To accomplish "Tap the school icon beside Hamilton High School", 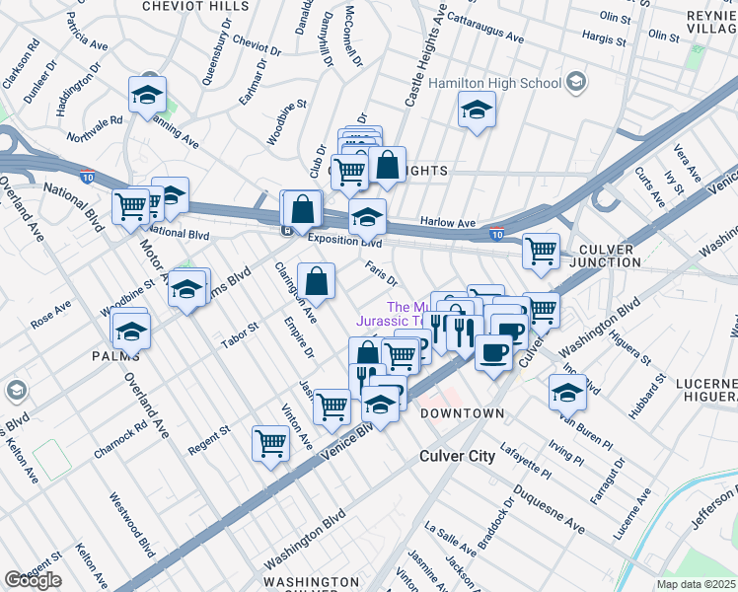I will tap(477, 111).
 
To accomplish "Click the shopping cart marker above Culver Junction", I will tap(541, 251).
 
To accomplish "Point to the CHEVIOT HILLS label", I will tap(195, 6).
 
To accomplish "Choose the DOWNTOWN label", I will tap(462, 413).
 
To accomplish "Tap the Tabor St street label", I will tap(240, 328).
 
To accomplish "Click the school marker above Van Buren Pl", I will tap(567, 392).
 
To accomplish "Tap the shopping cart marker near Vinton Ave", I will tap(269, 443).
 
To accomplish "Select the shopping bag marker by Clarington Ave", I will tap(316, 281).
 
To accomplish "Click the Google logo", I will tap(33, 581).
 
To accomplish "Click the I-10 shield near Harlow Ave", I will tap(498, 235).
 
